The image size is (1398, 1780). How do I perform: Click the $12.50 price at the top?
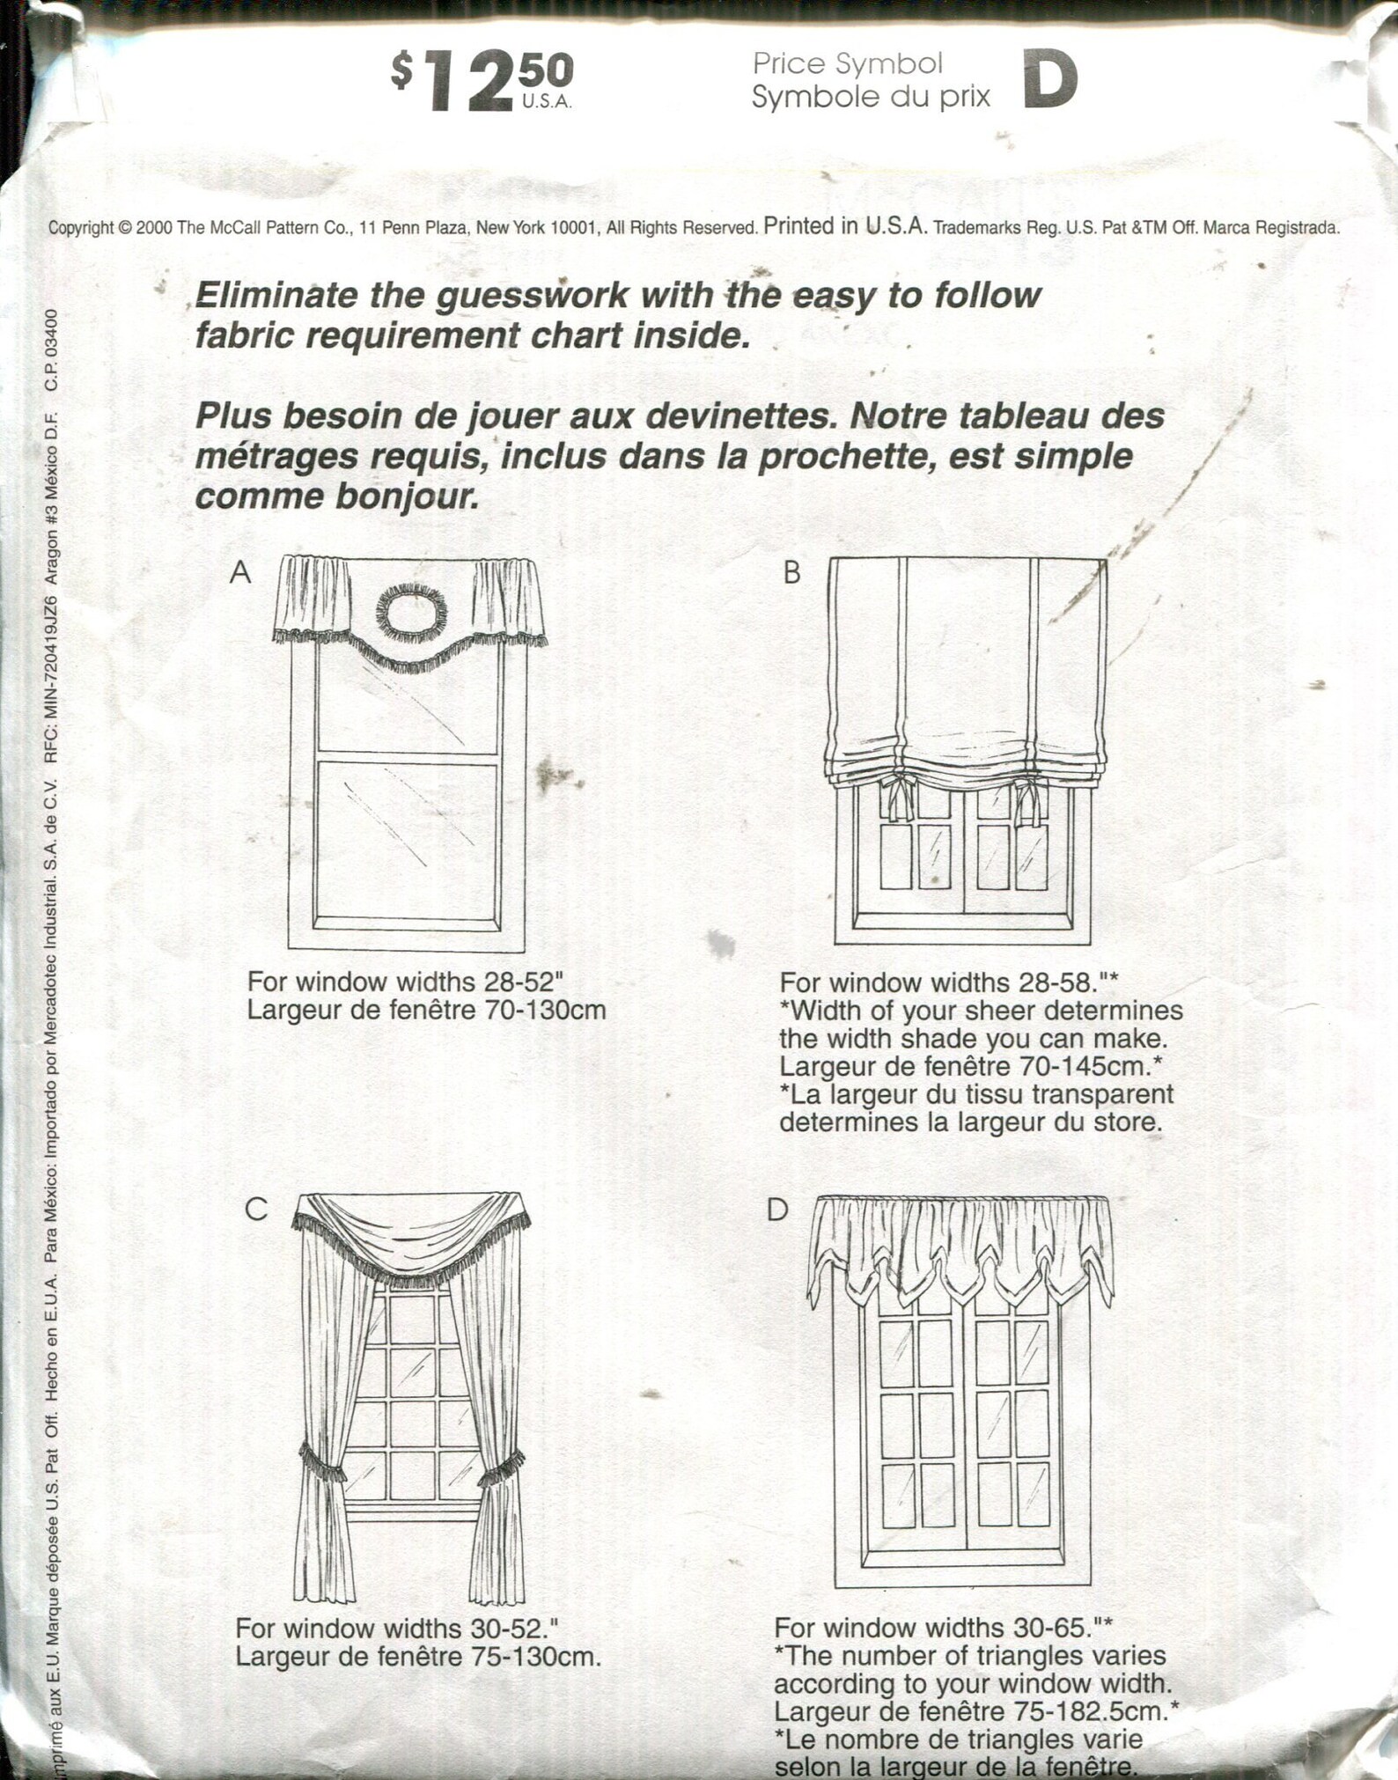click(482, 80)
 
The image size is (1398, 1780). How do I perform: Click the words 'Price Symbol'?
click(847, 63)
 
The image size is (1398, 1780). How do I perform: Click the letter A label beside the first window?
click(240, 573)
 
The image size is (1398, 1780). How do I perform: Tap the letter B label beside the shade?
click(791, 573)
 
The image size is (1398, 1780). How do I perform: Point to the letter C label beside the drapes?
click(255, 1210)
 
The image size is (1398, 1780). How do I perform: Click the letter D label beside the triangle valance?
click(776, 1210)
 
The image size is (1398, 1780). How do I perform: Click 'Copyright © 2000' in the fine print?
click(110, 228)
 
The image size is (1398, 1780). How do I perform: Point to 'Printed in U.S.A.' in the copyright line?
click(845, 226)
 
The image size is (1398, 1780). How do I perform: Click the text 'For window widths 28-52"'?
click(404, 982)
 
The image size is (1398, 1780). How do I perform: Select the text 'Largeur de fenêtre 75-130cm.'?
click(418, 1657)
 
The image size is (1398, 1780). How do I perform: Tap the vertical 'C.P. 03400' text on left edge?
click(52, 349)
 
